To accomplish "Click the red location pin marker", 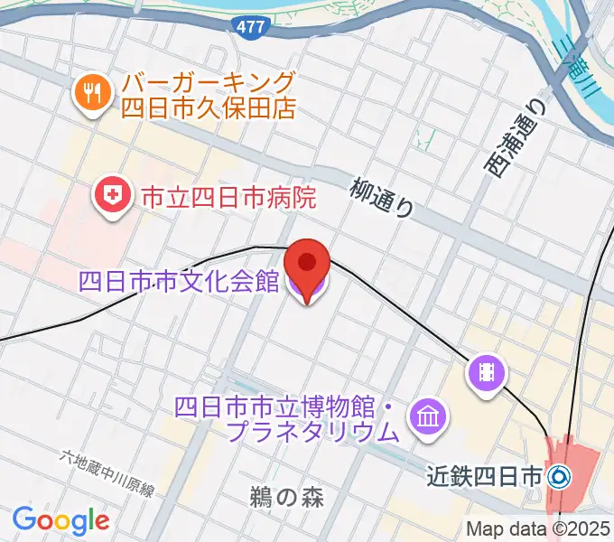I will pos(307,264).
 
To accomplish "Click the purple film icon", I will pos(486,372).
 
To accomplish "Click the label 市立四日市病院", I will pos(226,196).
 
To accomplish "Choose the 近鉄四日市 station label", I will pos(485,474).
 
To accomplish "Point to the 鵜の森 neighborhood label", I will pos(286,496).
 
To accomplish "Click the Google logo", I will pos(60,520).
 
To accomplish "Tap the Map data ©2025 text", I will pos(538,528).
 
